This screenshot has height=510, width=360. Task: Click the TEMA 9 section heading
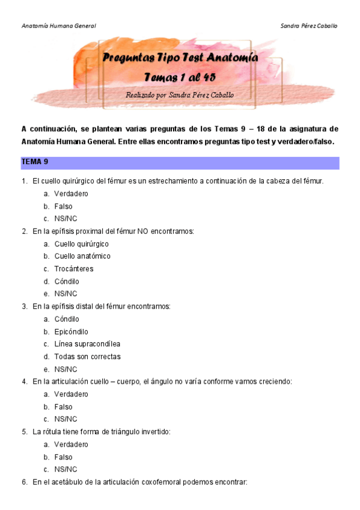[x=35, y=162]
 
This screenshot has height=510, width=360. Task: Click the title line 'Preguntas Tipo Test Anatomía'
[x=180, y=58]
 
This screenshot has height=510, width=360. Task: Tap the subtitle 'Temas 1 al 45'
[x=180, y=77]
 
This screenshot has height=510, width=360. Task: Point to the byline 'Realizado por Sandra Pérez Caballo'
[x=180, y=95]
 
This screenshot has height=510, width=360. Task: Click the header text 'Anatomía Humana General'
[x=58, y=26]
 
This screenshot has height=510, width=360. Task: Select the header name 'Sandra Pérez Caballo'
[x=309, y=26]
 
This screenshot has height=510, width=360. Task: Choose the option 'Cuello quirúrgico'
[x=81, y=244]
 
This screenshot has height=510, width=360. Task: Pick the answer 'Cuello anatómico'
[x=82, y=256]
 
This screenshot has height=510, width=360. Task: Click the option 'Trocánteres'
[x=73, y=269]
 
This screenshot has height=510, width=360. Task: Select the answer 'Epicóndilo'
[x=71, y=331]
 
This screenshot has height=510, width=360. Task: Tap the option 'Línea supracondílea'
[x=87, y=344]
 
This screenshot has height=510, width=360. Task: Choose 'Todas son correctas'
[x=87, y=357]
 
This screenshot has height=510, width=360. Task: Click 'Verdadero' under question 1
[x=71, y=194]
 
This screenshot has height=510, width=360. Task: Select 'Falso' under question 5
[x=63, y=457]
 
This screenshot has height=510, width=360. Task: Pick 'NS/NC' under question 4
[x=66, y=419]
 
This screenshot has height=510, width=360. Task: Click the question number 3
[x=24, y=306]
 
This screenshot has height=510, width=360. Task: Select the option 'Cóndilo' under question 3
[x=66, y=319]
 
